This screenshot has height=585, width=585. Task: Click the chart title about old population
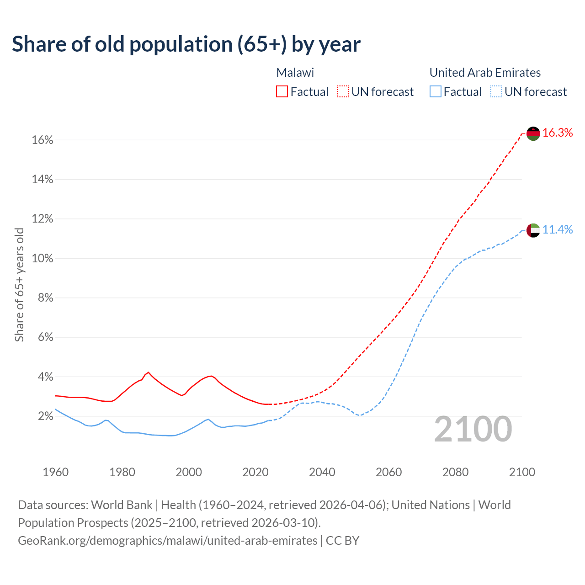(x=186, y=44)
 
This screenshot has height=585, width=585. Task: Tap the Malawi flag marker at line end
(x=533, y=133)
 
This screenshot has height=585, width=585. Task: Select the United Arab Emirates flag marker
(x=533, y=230)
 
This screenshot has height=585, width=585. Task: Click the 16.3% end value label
(x=558, y=133)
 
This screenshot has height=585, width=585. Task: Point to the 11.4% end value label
(x=558, y=230)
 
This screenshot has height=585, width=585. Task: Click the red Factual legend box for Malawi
(x=282, y=92)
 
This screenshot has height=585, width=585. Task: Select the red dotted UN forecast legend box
(x=343, y=92)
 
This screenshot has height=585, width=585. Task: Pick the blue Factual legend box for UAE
(x=436, y=92)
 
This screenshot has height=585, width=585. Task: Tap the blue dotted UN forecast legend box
(x=496, y=92)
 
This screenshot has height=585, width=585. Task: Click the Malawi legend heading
(x=295, y=73)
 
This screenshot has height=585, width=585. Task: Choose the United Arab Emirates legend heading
(x=485, y=73)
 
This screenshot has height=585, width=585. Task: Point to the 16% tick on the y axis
(x=43, y=140)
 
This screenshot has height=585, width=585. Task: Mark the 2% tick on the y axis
(x=45, y=416)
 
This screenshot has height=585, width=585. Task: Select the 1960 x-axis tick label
(x=55, y=472)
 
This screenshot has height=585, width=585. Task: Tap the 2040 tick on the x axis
(x=322, y=472)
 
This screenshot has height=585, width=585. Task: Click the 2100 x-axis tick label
(x=522, y=472)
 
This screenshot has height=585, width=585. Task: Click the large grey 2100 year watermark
(x=473, y=429)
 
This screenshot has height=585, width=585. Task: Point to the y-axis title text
(x=19, y=285)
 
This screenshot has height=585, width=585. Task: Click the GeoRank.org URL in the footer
(x=167, y=541)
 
